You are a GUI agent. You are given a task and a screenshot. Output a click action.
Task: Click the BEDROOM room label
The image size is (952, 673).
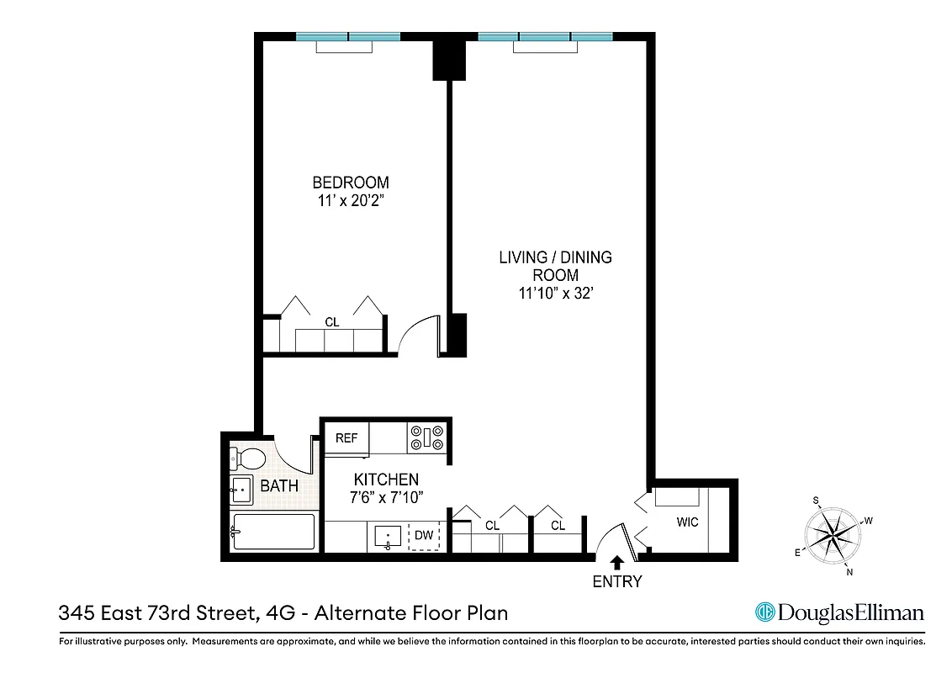(351, 183)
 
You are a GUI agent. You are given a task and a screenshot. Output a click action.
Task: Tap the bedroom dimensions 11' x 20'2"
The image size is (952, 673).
(351, 201)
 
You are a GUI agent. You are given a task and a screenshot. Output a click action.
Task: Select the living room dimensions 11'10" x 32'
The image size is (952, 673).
(556, 294)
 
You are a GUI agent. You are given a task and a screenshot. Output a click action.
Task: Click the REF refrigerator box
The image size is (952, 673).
(346, 438)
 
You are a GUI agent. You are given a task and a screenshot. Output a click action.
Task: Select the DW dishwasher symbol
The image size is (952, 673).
(424, 535)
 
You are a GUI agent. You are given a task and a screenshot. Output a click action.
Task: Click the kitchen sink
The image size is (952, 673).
(388, 537)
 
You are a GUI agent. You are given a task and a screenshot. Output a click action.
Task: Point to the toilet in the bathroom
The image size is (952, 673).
(248, 458)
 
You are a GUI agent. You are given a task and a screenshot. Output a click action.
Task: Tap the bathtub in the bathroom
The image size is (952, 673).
(273, 533)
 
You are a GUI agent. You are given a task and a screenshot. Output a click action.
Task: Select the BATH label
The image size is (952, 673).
(279, 486)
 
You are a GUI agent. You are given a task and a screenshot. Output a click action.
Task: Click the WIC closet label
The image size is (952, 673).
(687, 522)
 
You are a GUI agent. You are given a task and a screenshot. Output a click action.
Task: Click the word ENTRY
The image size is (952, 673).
(616, 581)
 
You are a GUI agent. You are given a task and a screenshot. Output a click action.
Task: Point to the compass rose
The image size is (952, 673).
(832, 534)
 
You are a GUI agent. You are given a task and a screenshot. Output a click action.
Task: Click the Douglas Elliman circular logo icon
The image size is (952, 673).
(764, 612)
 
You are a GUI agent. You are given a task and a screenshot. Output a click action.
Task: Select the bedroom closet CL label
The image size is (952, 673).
(331, 322)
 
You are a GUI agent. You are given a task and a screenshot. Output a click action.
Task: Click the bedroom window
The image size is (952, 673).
(346, 37)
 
